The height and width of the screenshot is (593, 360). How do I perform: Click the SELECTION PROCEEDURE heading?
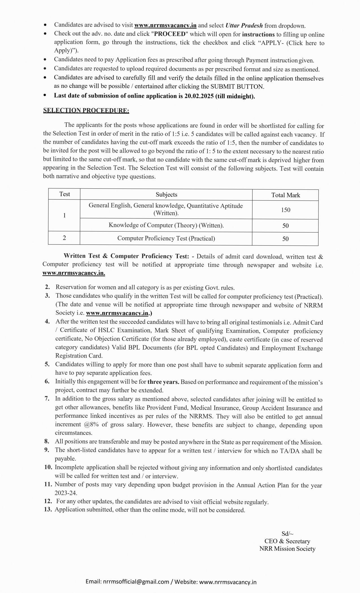(x=86, y=110)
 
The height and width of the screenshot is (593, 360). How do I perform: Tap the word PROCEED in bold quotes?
(x=169, y=34)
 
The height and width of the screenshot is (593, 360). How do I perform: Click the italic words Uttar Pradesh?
(x=244, y=25)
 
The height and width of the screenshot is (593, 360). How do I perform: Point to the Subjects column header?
(x=166, y=195)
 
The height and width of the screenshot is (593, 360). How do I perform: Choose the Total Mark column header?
(x=285, y=195)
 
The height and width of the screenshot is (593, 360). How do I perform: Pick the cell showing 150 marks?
(x=285, y=210)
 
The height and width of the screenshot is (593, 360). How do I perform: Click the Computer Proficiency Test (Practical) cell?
(x=166, y=238)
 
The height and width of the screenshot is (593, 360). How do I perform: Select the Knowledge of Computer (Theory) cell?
(x=166, y=225)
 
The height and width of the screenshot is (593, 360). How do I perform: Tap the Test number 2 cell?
(x=64, y=238)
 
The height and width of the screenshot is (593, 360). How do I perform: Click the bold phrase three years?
(x=163, y=382)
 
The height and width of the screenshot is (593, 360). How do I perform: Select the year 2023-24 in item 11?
(x=66, y=493)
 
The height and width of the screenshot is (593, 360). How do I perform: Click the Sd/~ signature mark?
(x=287, y=533)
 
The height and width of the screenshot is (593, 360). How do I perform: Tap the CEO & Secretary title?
(x=287, y=541)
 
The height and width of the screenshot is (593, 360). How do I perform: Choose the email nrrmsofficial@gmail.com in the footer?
(x=136, y=582)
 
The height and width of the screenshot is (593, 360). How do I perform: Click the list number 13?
(x=48, y=509)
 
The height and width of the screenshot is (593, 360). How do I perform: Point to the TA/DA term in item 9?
(x=289, y=451)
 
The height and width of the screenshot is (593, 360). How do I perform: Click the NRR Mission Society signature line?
(x=287, y=549)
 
